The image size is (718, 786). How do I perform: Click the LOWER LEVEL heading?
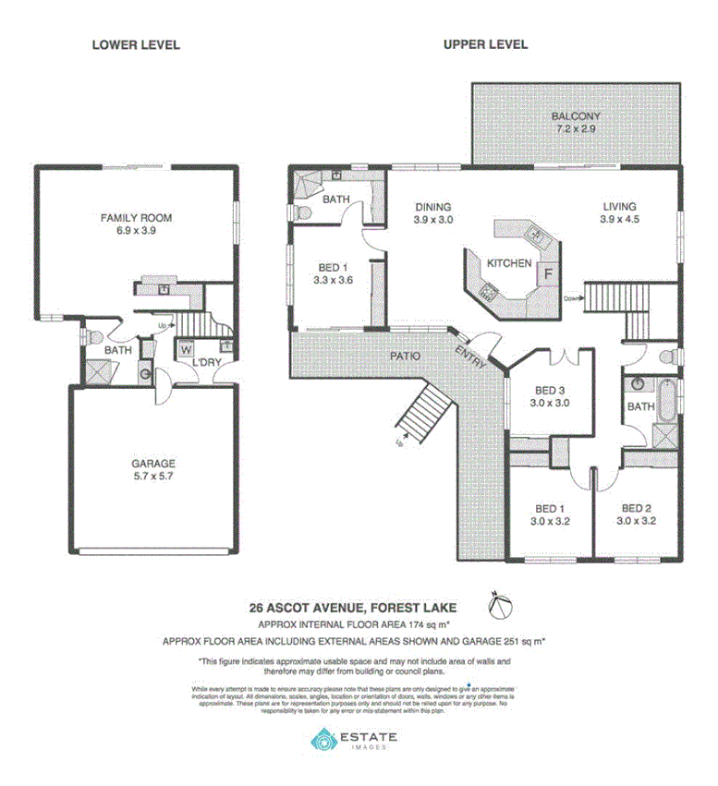[135, 44]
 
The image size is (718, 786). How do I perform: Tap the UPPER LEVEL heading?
[485, 44]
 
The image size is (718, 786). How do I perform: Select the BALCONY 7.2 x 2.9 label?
[576, 123]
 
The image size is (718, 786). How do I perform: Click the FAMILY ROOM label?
[137, 224]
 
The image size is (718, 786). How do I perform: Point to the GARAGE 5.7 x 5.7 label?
[153, 470]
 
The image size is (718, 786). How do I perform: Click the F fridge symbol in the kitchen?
[547, 273]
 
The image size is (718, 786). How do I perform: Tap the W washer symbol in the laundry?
[186, 350]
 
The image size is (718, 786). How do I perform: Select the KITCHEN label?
[509, 263]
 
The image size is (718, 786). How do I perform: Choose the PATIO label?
[405, 355]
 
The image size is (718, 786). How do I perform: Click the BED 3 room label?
[549, 396]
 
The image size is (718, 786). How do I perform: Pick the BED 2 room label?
[638, 514]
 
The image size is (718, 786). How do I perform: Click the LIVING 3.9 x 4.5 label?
[619, 213]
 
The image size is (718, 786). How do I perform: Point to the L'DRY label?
[205, 363]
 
